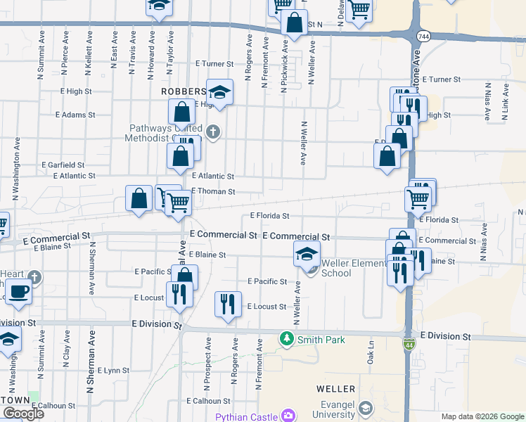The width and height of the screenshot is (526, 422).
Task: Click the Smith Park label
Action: [x=321, y=339]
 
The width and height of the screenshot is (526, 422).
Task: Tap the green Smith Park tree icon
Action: [x=287, y=339]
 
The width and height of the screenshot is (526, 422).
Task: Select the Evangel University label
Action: [x=335, y=409]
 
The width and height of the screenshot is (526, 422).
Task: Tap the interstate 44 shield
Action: [x=409, y=345]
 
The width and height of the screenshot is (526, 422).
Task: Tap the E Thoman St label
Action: [x=213, y=191]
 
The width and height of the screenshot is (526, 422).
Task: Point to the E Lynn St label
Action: [x=113, y=370]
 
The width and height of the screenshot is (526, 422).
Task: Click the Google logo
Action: [x=23, y=414]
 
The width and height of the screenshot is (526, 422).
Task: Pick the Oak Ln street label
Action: [x=371, y=351]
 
